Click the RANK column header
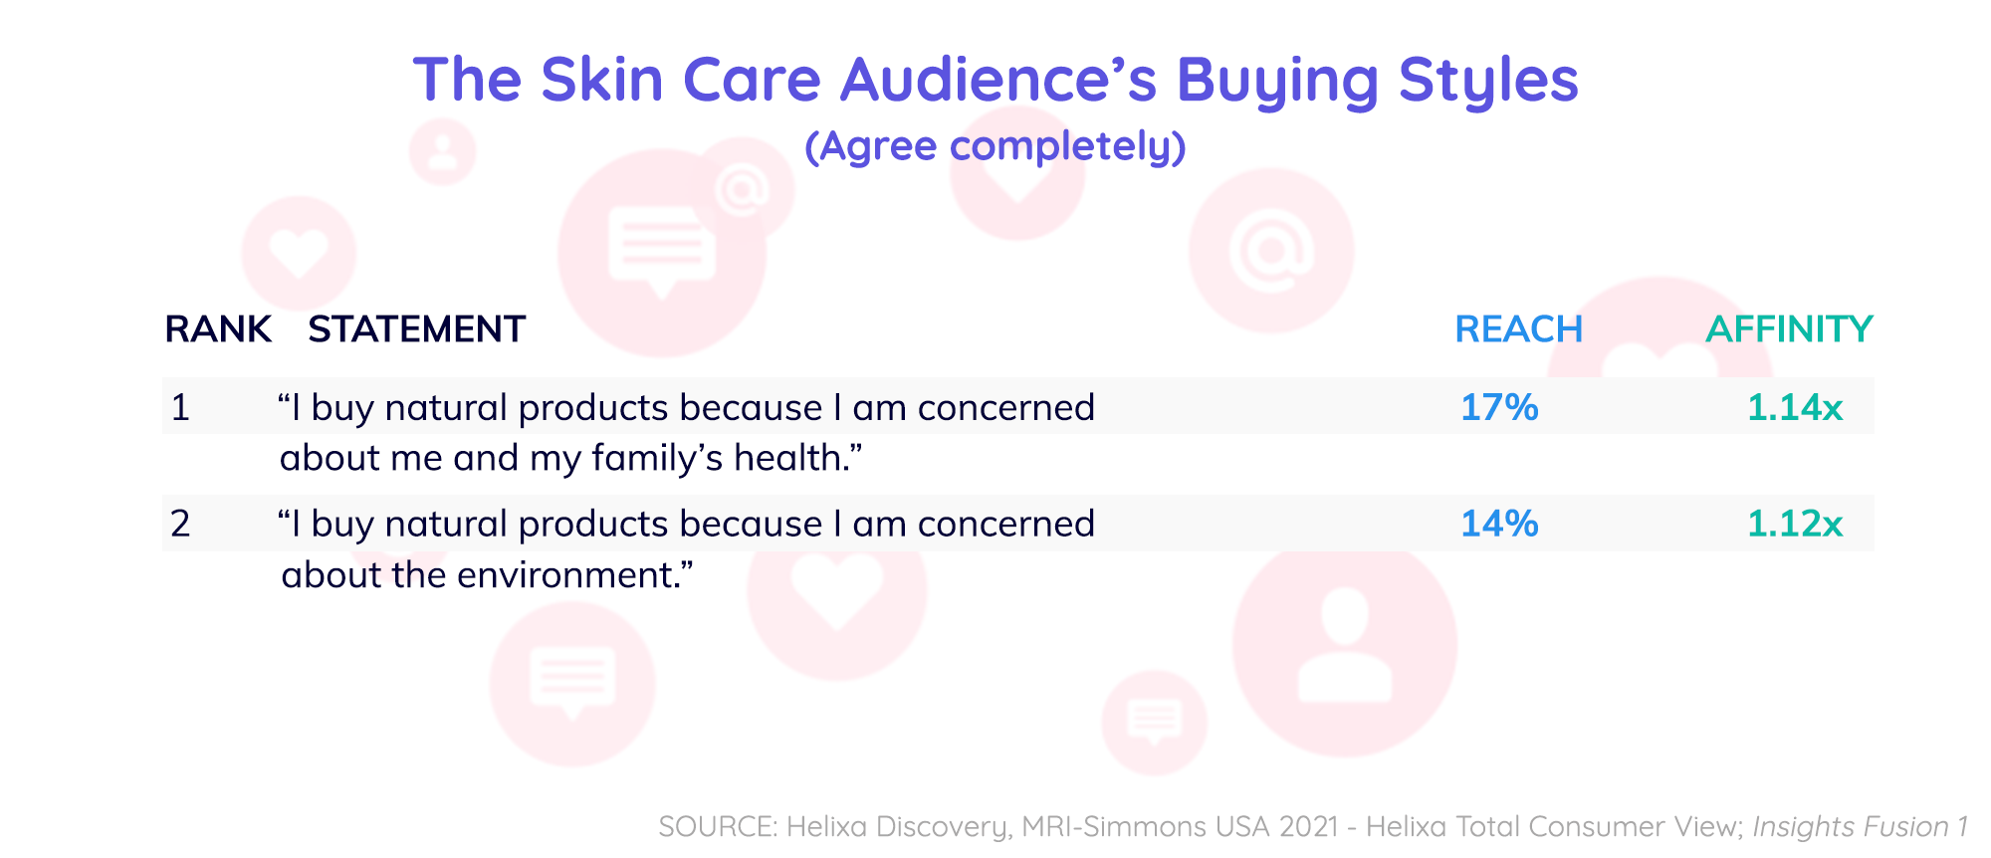click(x=218, y=329)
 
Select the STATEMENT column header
click(x=416, y=329)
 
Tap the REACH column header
click(x=1518, y=329)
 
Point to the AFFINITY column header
click(x=1789, y=329)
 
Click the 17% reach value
click(x=1499, y=407)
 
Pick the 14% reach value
click(x=1499, y=524)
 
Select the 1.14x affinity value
click(x=1795, y=407)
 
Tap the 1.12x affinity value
click(x=1795, y=524)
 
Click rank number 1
click(x=180, y=407)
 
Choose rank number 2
click(x=180, y=524)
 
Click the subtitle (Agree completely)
click(x=995, y=147)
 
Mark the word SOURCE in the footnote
click(x=718, y=826)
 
